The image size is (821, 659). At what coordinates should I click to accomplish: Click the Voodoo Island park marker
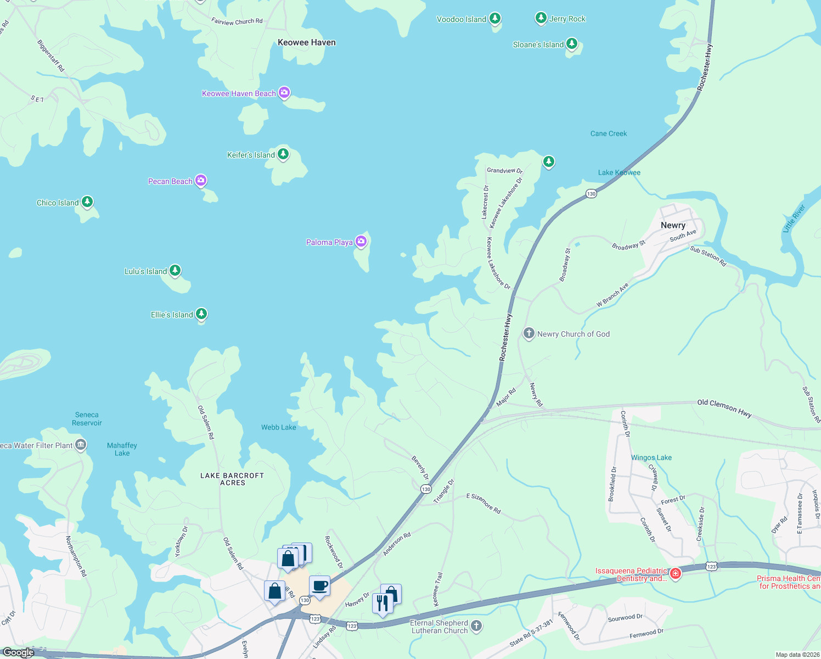[x=495, y=19]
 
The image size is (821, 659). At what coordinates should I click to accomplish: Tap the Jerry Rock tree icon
[x=541, y=18]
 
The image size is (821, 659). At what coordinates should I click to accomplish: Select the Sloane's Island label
[x=538, y=44]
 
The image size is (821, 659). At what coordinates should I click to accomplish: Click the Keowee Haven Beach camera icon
[x=284, y=92]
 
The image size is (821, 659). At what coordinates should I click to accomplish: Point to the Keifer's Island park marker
[x=283, y=154]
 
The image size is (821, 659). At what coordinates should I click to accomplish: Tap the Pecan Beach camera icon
[x=201, y=180]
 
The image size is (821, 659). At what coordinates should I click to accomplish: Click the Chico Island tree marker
[x=87, y=202]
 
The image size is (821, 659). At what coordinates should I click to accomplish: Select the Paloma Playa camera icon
[x=361, y=241]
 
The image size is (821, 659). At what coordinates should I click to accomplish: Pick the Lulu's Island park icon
[x=175, y=270]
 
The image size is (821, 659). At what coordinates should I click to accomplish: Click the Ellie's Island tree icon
[x=201, y=314]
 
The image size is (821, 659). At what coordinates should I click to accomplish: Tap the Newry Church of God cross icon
[x=528, y=333]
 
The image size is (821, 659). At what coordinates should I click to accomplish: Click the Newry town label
[x=673, y=225]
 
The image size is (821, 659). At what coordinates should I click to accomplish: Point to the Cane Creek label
[x=608, y=133]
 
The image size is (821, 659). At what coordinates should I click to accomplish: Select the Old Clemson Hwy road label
[x=724, y=408]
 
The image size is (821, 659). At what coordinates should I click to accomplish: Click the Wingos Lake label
[x=651, y=457]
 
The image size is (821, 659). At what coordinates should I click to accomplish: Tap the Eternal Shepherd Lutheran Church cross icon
[x=476, y=626]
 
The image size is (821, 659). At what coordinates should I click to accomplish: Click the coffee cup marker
[x=319, y=586]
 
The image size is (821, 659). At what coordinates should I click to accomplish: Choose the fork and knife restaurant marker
[x=383, y=604]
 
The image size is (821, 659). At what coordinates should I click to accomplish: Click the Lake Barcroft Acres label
[x=232, y=479]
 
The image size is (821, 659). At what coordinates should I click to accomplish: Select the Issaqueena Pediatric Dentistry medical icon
[x=676, y=574]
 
